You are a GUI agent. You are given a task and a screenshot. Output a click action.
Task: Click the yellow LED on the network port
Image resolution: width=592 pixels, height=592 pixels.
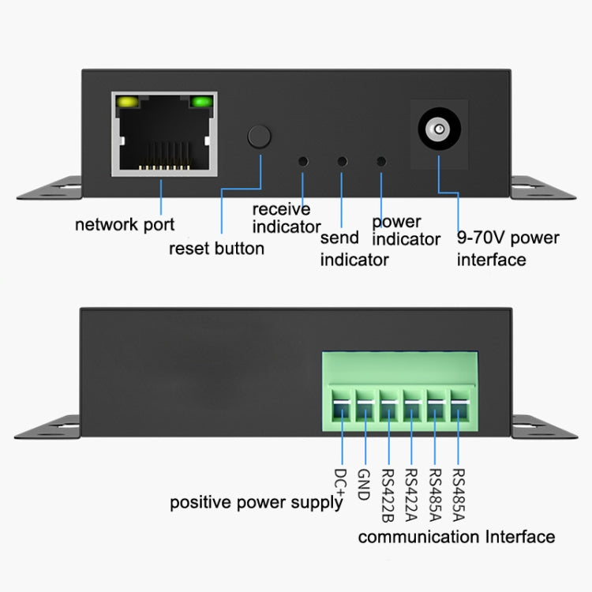[x=126, y=102]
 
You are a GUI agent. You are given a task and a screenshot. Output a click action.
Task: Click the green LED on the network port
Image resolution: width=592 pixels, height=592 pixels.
[x=202, y=102]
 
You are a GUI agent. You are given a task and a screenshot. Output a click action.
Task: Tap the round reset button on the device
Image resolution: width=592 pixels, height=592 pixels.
[x=260, y=135]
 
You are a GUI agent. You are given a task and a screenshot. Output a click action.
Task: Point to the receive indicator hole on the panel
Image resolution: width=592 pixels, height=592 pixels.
[x=302, y=161]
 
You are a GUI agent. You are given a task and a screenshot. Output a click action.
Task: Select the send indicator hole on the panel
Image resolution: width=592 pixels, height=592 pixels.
[x=342, y=161]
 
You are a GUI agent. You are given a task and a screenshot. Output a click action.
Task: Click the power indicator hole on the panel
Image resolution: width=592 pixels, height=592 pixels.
[x=381, y=161]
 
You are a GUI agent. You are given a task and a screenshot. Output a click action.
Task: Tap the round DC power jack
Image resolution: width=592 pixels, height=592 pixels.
[x=438, y=129]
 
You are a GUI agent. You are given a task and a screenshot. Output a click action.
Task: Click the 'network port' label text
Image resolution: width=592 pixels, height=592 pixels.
[x=125, y=224]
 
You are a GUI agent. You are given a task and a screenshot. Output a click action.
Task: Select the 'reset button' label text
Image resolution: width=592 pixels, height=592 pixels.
[x=216, y=249]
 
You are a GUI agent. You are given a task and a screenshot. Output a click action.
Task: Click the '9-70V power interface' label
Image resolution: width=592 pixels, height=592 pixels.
[x=508, y=249]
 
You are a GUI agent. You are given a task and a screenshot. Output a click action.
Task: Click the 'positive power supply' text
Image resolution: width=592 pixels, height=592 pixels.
[x=257, y=502]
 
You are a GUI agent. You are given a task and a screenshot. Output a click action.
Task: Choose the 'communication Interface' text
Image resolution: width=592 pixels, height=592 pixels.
[x=456, y=537]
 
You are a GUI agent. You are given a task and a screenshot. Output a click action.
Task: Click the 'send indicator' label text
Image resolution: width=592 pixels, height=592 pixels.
[x=354, y=248]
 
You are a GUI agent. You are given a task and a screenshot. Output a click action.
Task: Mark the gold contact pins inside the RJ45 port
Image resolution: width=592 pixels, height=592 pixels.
[x=163, y=165]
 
